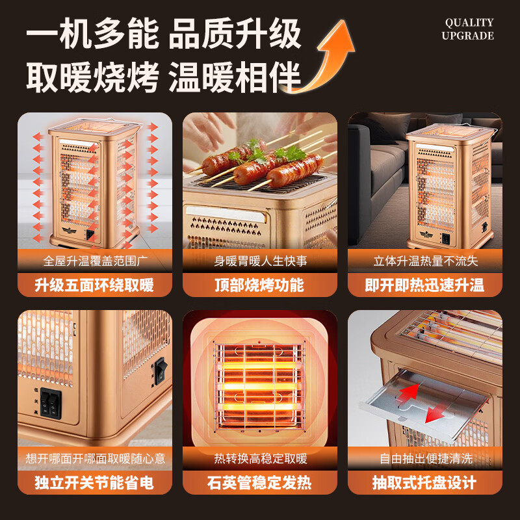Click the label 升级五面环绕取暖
[x=94, y=285]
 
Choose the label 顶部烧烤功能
[x=259, y=285]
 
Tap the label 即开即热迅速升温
[x=424, y=285]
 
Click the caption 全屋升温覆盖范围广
[x=94, y=261]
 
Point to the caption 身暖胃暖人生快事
[x=259, y=261]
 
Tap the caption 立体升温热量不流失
[x=424, y=261]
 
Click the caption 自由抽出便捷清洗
[x=424, y=459]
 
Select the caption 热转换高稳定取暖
[x=259, y=459]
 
